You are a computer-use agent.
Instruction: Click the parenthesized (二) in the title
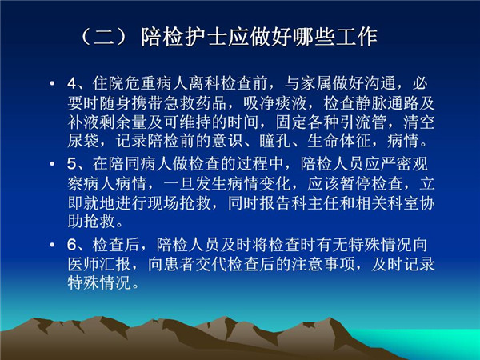point(104,37)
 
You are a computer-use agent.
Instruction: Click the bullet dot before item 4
point(52,83)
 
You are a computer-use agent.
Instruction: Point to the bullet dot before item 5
point(52,164)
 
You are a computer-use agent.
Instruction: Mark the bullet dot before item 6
point(52,245)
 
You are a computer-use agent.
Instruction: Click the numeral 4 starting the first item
point(72,83)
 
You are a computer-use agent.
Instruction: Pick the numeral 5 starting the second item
point(72,164)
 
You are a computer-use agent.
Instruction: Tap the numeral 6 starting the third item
point(72,245)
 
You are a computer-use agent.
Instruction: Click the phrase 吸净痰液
point(275,103)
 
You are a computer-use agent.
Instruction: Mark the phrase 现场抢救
point(179,202)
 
